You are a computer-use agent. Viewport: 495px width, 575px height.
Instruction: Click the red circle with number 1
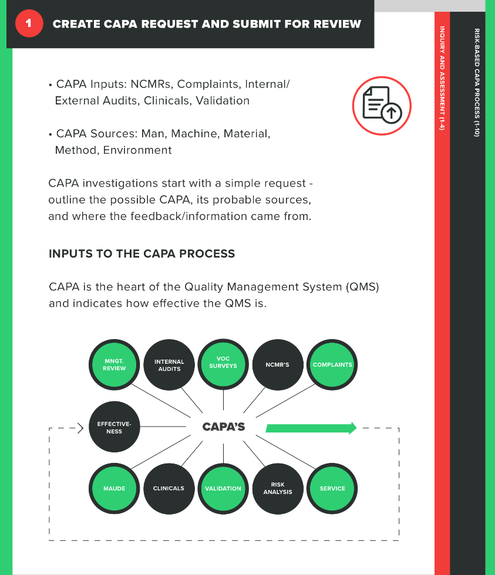(28, 24)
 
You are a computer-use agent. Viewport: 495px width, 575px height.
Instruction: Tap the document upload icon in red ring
(381, 106)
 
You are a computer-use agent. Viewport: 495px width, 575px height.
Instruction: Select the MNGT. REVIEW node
(115, 365)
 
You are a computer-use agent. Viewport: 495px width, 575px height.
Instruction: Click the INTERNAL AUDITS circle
(169, 365)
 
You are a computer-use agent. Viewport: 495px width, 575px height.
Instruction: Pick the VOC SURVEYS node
(223, 363)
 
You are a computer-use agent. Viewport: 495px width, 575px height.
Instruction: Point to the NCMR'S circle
(278, 365)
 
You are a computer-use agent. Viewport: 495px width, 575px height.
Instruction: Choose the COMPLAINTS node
(332, 365)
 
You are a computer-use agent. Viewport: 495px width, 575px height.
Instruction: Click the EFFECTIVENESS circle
(115, 427)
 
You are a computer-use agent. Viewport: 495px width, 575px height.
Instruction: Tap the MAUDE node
(115, 488)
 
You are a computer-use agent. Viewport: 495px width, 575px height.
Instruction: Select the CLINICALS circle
(169, 488)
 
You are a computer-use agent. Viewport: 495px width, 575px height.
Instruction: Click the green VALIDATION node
(223, 488)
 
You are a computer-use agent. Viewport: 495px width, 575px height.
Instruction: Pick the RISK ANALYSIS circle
(278, 488)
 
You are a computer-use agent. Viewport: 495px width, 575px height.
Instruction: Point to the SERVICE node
(332, 488)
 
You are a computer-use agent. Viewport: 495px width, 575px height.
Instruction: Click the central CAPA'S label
(224, 427)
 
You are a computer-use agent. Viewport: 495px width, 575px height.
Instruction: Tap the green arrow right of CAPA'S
(311, 428)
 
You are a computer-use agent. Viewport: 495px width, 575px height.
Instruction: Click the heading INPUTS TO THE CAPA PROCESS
(142, 254)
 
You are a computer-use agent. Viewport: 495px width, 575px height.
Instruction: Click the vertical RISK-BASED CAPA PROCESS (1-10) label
(476, 82)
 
